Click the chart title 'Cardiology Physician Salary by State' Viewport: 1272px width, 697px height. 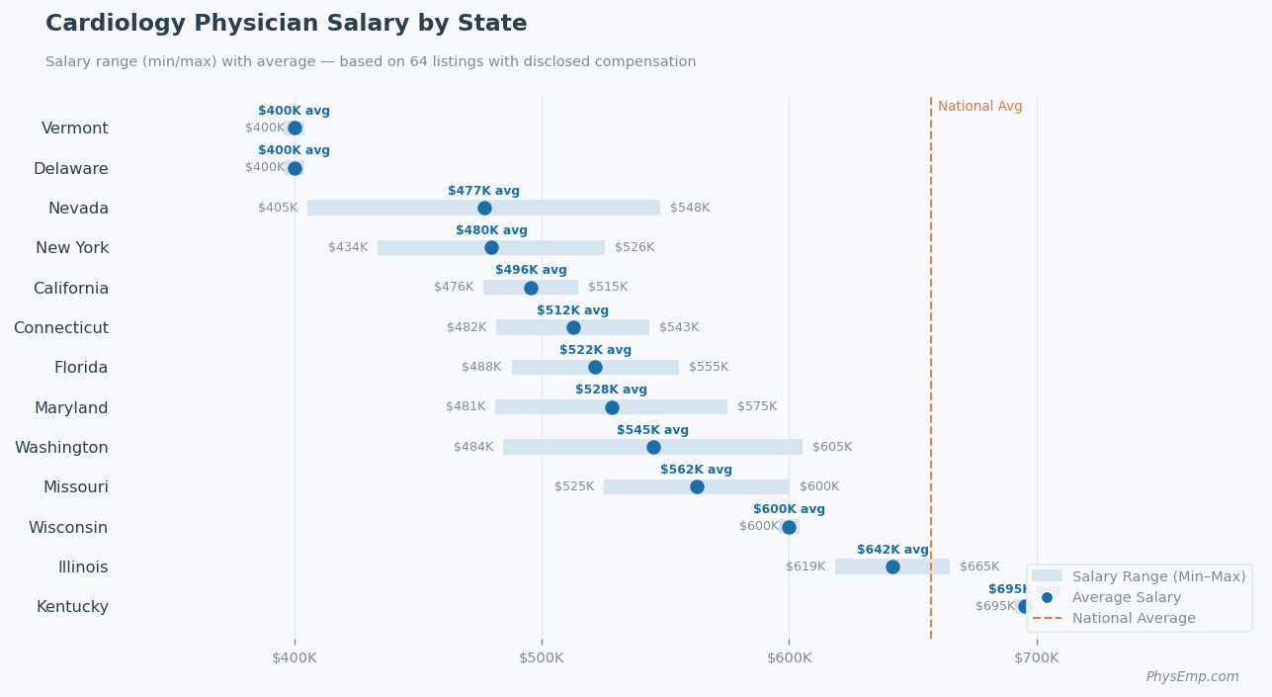[x=286, y=24]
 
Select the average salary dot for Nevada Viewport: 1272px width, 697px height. [x=484, y=208]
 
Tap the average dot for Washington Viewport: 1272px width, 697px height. [x=653, y=447]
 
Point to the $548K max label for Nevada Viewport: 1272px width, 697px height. [x=690, y=208]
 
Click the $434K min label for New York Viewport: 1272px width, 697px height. [x=348, y=247]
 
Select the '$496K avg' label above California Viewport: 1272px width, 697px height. [x=531, y=270]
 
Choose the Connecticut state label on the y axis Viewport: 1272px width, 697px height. [x=61, y=328]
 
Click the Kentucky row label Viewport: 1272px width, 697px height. [x=72, y=607]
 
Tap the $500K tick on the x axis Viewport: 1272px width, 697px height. [x=542, y=657]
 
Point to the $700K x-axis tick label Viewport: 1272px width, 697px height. [x=1036, y=657]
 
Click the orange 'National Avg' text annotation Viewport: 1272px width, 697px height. [x=979, y=107]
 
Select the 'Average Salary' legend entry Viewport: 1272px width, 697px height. [x=1126, y=597]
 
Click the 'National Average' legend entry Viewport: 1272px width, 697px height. [x=1133, y=618]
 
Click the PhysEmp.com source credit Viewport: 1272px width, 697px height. [x=1192, y=677]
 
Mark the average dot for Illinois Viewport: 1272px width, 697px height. [x=892, y=566]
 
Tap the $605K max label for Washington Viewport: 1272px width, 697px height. [x=832, y=447]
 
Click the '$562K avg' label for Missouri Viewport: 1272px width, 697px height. [x=696, y=470]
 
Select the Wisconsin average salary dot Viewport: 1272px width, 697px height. [x=789, y=527]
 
